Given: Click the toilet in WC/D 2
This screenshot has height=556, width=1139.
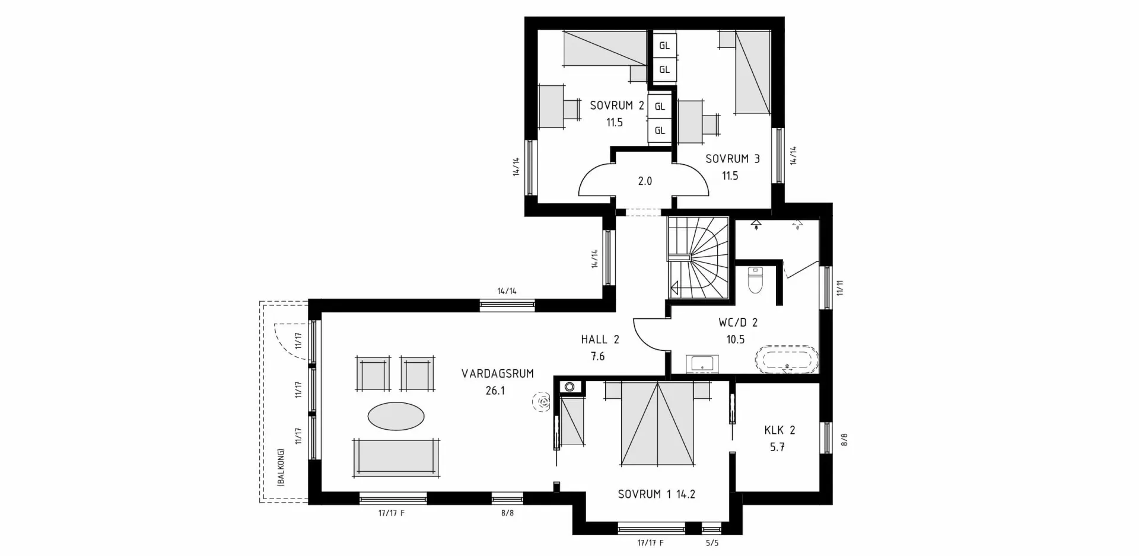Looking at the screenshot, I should [x=755, y=280].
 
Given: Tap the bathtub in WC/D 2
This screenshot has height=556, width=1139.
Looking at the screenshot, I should [x=787, y=359].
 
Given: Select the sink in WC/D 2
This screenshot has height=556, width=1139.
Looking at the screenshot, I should [x=702, y=363].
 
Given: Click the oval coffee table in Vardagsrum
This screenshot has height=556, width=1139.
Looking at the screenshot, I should [x=396, y=416].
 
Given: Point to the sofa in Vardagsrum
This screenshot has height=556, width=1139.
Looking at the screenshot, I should [x=396, y=457].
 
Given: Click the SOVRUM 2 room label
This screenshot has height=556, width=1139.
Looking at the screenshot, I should [x=616, y=106].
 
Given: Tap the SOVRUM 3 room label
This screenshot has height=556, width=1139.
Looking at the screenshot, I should [x=732, y=159].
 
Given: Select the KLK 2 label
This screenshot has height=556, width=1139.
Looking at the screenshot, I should [x=780, y=430].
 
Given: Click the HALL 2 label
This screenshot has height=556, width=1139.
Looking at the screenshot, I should [x=600, y=340].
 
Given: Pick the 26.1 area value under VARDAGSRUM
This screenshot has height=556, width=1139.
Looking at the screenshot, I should [x=495, y=391].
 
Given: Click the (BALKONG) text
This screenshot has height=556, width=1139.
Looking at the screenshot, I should [x=281, y=468].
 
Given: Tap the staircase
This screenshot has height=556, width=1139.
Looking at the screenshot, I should [x=698, y=258].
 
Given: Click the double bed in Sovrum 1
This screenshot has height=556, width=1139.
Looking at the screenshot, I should [x=657, y=424].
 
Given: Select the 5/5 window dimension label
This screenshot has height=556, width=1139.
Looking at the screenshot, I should [x=712, y=543].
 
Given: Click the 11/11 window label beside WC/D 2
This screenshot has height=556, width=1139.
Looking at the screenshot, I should [x=839, y=288].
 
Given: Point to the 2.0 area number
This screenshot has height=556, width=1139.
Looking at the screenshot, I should [x=645, y=181].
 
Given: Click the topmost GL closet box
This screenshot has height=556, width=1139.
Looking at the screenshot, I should [x=664, y=46].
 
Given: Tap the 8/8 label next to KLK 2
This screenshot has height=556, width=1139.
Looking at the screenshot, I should [x=844, y=440].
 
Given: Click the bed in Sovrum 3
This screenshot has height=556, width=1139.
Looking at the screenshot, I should [x=752, y=72].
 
